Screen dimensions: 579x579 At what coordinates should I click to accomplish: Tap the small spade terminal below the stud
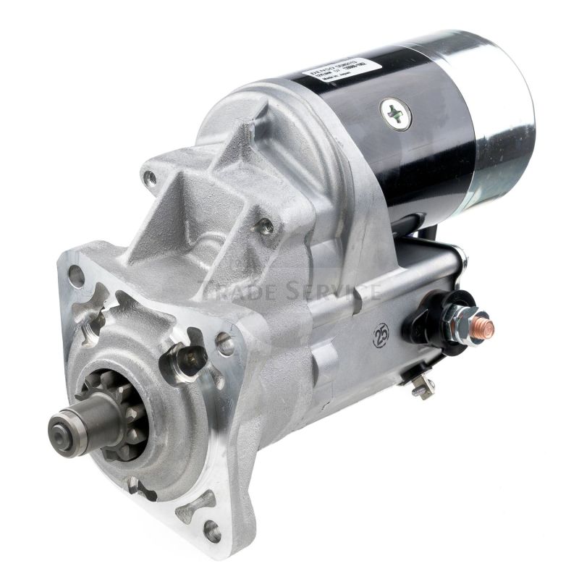(x=423, y=387)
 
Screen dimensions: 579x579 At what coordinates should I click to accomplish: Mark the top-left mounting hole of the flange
(x=76, y=275)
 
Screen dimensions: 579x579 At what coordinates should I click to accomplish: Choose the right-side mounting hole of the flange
(x=225, y=345)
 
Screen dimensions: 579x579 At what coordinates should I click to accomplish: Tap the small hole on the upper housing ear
(x=151, y=177)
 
